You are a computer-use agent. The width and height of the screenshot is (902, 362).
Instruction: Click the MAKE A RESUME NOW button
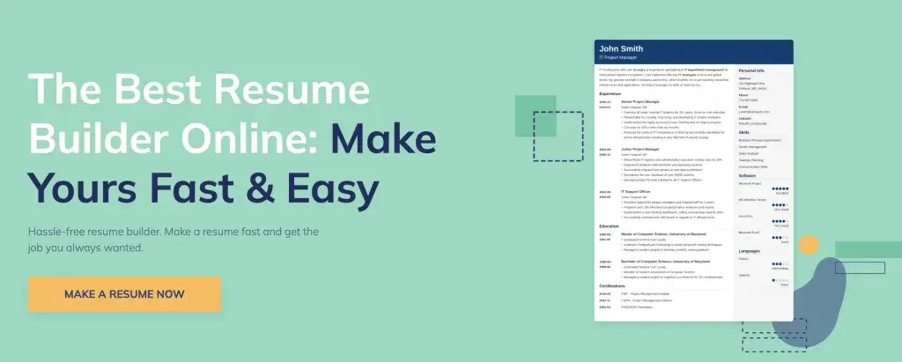(124, 294)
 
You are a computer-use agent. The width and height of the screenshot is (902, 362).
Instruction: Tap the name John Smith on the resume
(618, 48)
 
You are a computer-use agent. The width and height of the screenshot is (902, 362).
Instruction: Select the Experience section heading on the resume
(610, 93)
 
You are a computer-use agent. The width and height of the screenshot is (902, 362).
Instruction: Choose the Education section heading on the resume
(609, 226)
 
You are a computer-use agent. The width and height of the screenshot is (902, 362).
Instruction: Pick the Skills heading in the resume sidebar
(743, 133)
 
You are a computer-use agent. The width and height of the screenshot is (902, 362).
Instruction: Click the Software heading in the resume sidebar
(747, 176)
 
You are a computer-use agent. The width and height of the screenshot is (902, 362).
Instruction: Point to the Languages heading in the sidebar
(749, 252)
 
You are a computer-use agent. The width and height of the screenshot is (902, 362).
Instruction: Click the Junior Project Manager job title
(641, 150)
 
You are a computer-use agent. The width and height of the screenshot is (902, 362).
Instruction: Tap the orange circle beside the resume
(807, 245)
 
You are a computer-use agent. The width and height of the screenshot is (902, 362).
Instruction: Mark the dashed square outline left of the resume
(558, 137)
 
